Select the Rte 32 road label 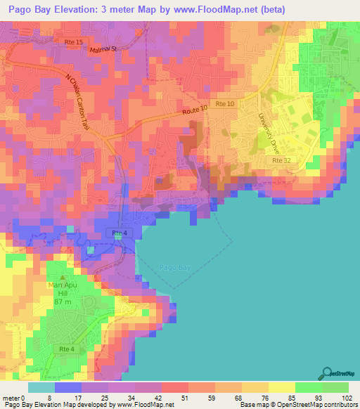click(x=282, y=161)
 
